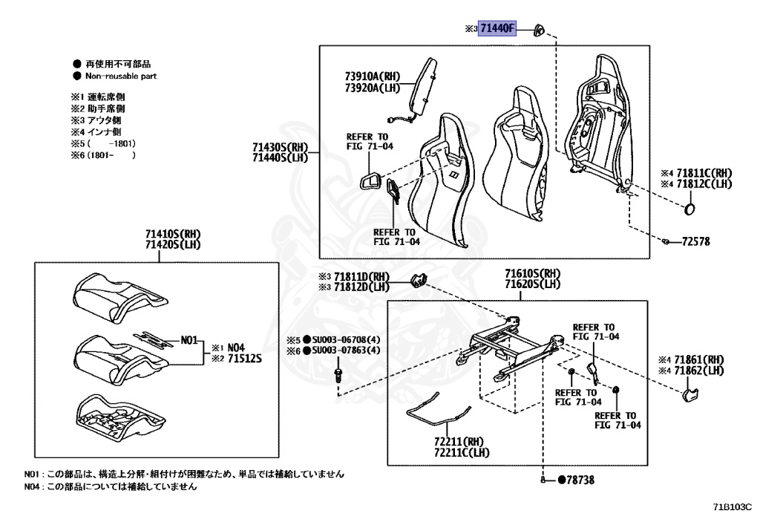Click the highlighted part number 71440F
pos(497,29)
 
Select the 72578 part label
pos(696,243)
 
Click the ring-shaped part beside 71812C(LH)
pos(689,208)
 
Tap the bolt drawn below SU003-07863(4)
pos(338,371)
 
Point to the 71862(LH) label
pos(704,371)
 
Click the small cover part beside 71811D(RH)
pos(419,280)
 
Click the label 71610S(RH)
pos(533,273)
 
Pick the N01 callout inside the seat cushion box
pos(190,341)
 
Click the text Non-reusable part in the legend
pos(121,76)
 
